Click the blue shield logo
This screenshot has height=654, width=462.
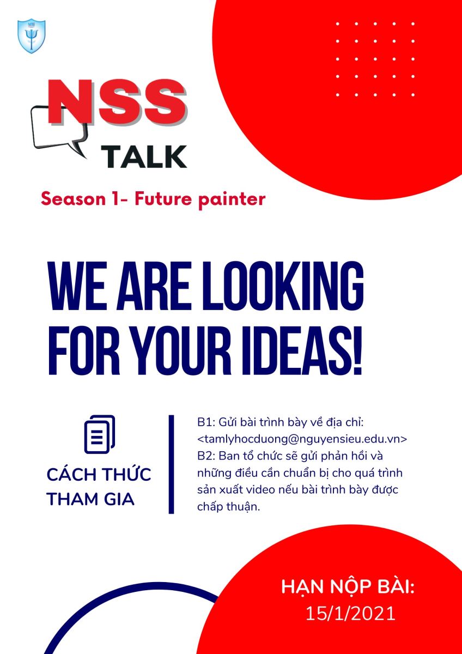(31, 36)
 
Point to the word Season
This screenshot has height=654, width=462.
(73, 199)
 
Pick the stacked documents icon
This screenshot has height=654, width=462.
(100, 434)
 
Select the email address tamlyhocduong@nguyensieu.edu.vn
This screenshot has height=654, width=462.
(302, 439)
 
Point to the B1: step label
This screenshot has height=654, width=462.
(206, 422)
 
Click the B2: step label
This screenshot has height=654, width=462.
(206, 456)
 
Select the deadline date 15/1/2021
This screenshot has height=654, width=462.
(350, 614)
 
